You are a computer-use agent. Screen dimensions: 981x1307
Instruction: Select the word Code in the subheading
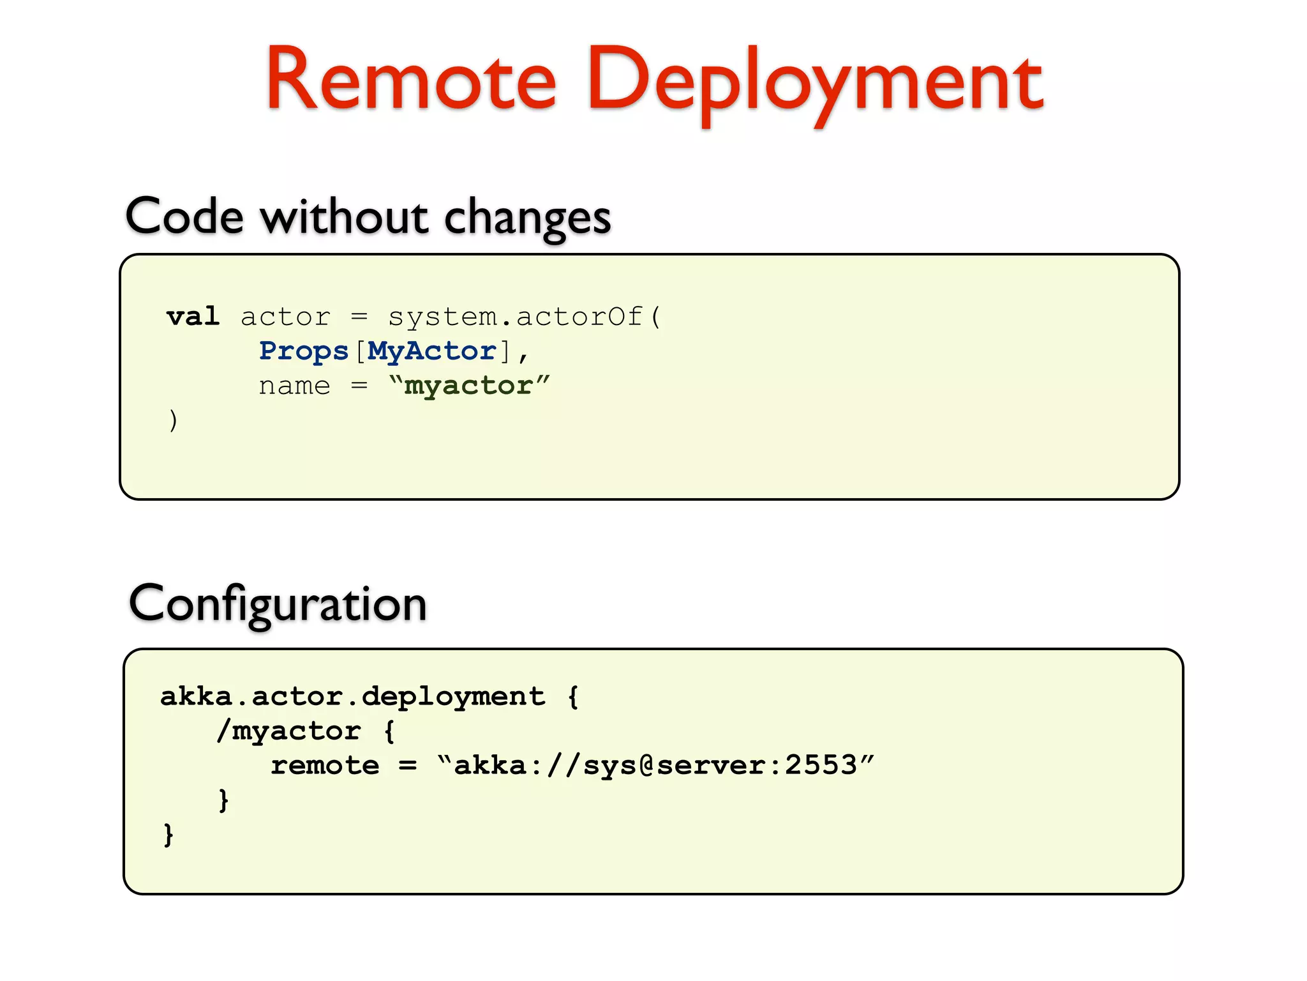pos(184,217)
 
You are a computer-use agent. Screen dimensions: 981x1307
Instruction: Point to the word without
pos(344,217)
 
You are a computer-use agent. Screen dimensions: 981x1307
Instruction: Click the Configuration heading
pos(278,604)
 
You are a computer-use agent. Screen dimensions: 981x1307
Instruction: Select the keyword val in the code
pos(193,317)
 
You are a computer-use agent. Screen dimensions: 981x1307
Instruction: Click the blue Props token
pos(304,351)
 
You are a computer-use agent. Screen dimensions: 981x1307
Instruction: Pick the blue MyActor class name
pos(432,351)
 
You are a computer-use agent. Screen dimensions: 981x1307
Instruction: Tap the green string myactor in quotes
pos(468,386)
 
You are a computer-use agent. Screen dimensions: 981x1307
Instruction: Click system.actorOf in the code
pos(516,317)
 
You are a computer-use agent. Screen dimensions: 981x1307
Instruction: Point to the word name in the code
pos(294,386)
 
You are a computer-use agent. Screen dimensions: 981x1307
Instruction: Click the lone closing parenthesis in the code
pos(173,420)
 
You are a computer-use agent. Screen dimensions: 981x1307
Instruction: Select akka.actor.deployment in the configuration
pos(353,696)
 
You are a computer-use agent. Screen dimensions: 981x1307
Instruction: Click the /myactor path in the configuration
pos(288,731)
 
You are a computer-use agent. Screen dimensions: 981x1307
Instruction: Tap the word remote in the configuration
pos(325,765)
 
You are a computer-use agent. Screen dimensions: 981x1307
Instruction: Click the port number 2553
pos(821,765)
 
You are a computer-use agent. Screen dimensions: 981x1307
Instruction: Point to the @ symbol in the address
pos(646,765)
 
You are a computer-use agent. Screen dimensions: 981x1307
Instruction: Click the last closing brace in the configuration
pos(168,834)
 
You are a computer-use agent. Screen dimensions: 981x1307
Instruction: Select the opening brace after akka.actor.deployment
pos(573,696)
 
